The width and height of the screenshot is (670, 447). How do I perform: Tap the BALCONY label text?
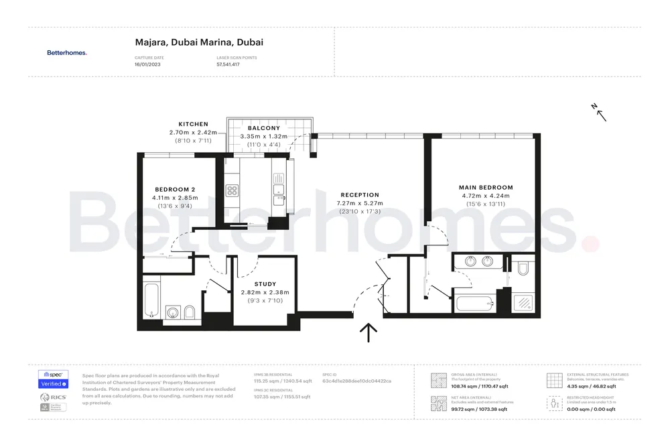tap(263, 128)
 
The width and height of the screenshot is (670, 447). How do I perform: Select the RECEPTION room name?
tap(360, 195)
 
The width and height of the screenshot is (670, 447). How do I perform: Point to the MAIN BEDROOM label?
tap(486, 188)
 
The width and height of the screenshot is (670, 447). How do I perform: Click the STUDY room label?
tap(265, 284)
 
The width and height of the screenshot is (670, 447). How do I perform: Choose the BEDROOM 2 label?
tap(175, 189)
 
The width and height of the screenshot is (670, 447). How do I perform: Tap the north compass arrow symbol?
tap(599, 112)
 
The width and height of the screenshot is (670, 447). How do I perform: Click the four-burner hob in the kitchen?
tap(232, 191)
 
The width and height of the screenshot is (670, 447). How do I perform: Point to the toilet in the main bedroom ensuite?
tap(523, 269)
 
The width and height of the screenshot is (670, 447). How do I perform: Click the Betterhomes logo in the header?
tap(66, 52)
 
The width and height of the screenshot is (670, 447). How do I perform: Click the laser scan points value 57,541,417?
tap(228, 64)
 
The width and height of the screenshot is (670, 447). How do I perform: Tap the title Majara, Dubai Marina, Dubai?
tap(199, 42)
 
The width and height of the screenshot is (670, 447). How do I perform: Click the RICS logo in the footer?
tap(53, 398)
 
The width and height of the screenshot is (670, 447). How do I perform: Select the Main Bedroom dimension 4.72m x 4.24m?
tap(486, 196)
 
